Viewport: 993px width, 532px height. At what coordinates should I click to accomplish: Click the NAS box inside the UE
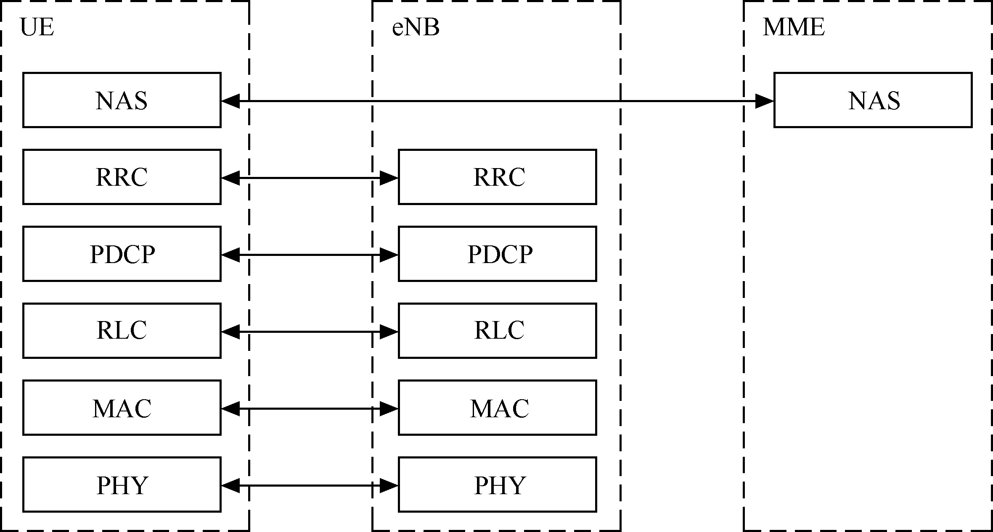[x=122, y=100]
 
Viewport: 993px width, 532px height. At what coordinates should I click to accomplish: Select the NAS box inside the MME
[x=873, y=100]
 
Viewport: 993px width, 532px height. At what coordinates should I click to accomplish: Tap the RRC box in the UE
[x=122, y=177]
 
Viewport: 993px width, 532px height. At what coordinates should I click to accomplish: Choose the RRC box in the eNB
[x=497, y=177]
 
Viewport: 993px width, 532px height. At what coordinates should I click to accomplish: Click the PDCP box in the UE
[x=122, y=254]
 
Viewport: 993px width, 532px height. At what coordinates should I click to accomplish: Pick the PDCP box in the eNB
[x=497, y=254]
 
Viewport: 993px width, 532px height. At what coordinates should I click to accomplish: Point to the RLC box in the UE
[x=122, y=331]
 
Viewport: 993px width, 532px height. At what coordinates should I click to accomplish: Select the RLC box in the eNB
[x=497, y=331]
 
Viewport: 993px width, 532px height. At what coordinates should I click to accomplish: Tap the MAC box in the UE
[x=122, y=408]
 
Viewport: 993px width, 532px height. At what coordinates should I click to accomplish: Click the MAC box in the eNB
[x=497, y=408]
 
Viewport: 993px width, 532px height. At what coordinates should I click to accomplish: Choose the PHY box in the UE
[x=122, y=485]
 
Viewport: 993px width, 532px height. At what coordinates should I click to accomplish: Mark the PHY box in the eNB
[x=497, y=485]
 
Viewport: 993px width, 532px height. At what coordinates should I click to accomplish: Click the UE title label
[x=37, y=28]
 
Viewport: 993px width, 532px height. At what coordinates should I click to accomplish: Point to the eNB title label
[x=416, y=28]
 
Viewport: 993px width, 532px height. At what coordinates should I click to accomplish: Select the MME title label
[x=794, y=28]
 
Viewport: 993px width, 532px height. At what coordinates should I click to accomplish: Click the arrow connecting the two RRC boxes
[x=310, y=178]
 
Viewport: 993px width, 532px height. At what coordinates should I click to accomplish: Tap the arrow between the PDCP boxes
[x=310, y=255]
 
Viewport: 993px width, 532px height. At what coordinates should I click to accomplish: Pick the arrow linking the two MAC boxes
[x=310, y=409]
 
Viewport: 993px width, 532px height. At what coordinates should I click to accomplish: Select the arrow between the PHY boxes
[x=310, y=486]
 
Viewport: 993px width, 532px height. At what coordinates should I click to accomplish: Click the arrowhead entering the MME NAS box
[x=765, y=101]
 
